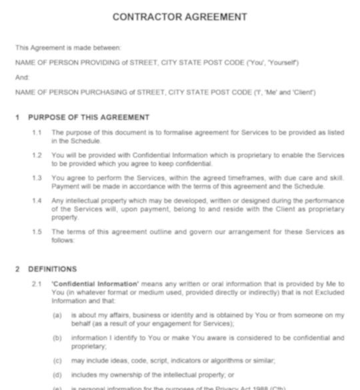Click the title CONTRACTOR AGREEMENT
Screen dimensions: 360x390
point(179,17)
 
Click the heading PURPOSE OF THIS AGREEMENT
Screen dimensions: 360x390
point(89,117)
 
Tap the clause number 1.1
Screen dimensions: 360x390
point(37,133)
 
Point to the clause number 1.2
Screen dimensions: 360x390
point(37,155)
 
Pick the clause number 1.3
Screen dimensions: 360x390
point(37,178)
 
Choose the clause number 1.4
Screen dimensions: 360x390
point(37,201)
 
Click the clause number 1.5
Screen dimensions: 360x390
point(37,232)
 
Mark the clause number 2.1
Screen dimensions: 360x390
point(37,284)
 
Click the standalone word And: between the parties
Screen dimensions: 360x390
point(23,77)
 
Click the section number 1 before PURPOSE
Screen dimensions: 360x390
point(18,117)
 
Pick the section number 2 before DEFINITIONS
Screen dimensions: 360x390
point(18,269)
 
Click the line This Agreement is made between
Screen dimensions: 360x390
point(68,48)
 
